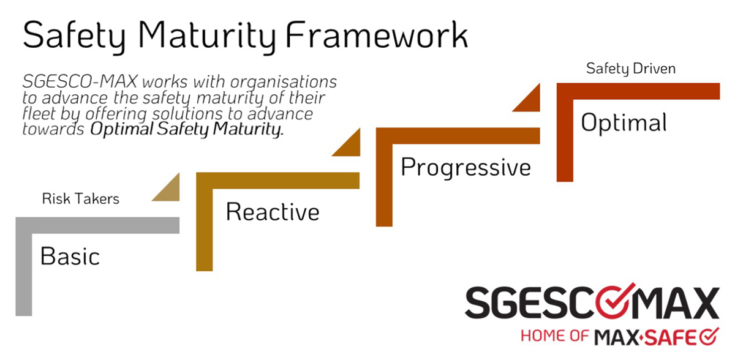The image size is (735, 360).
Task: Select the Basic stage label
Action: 70,256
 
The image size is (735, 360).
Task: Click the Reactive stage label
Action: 273,212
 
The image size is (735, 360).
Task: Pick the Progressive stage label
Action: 466,167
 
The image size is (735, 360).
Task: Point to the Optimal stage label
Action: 624,122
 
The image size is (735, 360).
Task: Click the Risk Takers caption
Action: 80,198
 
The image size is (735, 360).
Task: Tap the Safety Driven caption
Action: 631,69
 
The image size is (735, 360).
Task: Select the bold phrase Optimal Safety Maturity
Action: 187,129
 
